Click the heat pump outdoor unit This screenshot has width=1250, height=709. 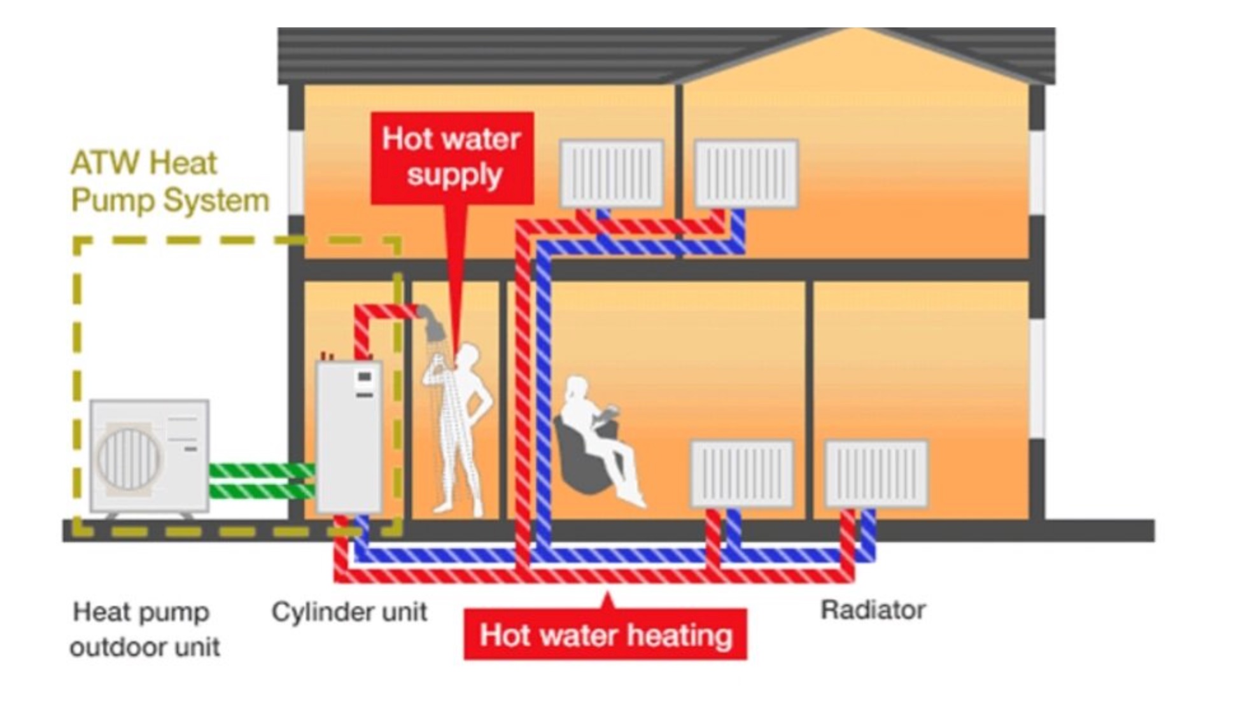pos(150,456)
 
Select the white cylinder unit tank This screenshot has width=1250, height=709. pos(349,437)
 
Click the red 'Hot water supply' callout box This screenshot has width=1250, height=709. pos(452,158)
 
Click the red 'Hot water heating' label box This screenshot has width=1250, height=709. pos(605,635)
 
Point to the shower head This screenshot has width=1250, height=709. pos(433,321)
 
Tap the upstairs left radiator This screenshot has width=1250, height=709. pos(612,174)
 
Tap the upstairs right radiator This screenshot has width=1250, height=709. pos(746,174)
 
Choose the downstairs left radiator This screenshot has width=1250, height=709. pos(742,474)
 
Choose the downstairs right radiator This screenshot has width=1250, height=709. pos(877,474)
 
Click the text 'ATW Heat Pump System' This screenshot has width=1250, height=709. pos(170,181)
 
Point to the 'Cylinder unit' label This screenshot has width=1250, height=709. pos(349,612)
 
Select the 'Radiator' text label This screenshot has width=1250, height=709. pos(873,610)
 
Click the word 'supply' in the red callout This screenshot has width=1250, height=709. pos(454,175)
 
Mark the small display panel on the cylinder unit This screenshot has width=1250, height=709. pos(365,376)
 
